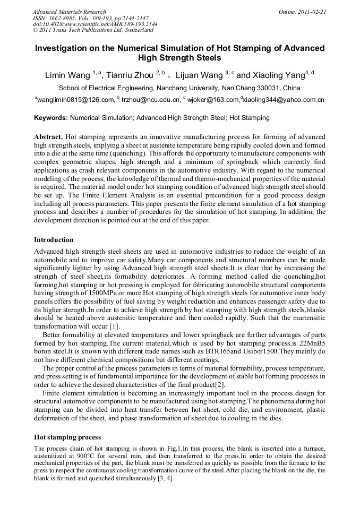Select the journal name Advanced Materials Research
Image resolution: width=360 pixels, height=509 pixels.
pos(69,12)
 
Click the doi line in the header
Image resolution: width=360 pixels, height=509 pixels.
pos(95,24)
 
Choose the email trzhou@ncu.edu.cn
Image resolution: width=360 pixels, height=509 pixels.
pos(151,100)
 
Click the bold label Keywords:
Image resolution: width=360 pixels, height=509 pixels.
pos(50,118)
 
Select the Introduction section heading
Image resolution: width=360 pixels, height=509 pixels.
pos(54,240)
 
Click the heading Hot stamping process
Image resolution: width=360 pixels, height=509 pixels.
pos(67,437)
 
